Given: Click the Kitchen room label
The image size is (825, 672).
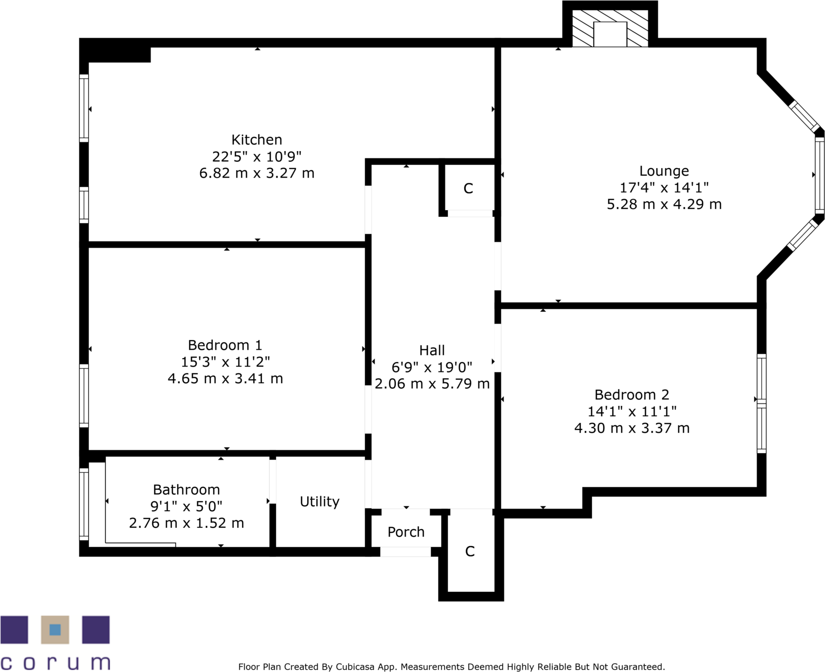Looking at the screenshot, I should [256, 140].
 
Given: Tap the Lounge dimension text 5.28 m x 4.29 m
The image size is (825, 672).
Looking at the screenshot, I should [664, 204].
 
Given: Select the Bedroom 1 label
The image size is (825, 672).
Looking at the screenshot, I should [225, 345].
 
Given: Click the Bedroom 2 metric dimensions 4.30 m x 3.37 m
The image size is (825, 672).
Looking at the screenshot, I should [632, 428].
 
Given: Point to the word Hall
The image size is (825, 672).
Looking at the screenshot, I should [432, 350].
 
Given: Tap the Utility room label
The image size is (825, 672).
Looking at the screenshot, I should [319, 501].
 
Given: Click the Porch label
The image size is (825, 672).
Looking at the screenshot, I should [406, 532].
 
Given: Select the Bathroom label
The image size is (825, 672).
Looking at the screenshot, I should [186, 489].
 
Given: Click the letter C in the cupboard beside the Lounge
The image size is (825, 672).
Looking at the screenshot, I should [468, 188].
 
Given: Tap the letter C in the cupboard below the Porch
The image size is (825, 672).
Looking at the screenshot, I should [470, 551].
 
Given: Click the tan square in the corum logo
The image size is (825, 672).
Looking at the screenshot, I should [55, 630].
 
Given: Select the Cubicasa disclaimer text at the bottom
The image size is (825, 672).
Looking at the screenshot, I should [451, 667].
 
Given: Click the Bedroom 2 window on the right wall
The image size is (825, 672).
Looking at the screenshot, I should [761, 403].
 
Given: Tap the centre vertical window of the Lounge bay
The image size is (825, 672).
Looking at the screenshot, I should [819, 175].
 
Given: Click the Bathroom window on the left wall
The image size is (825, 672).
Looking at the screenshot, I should [84, 504].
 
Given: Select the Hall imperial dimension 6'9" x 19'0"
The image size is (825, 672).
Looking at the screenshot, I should [432, 367].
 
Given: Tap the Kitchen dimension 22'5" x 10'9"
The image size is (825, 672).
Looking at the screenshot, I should [256, 156].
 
